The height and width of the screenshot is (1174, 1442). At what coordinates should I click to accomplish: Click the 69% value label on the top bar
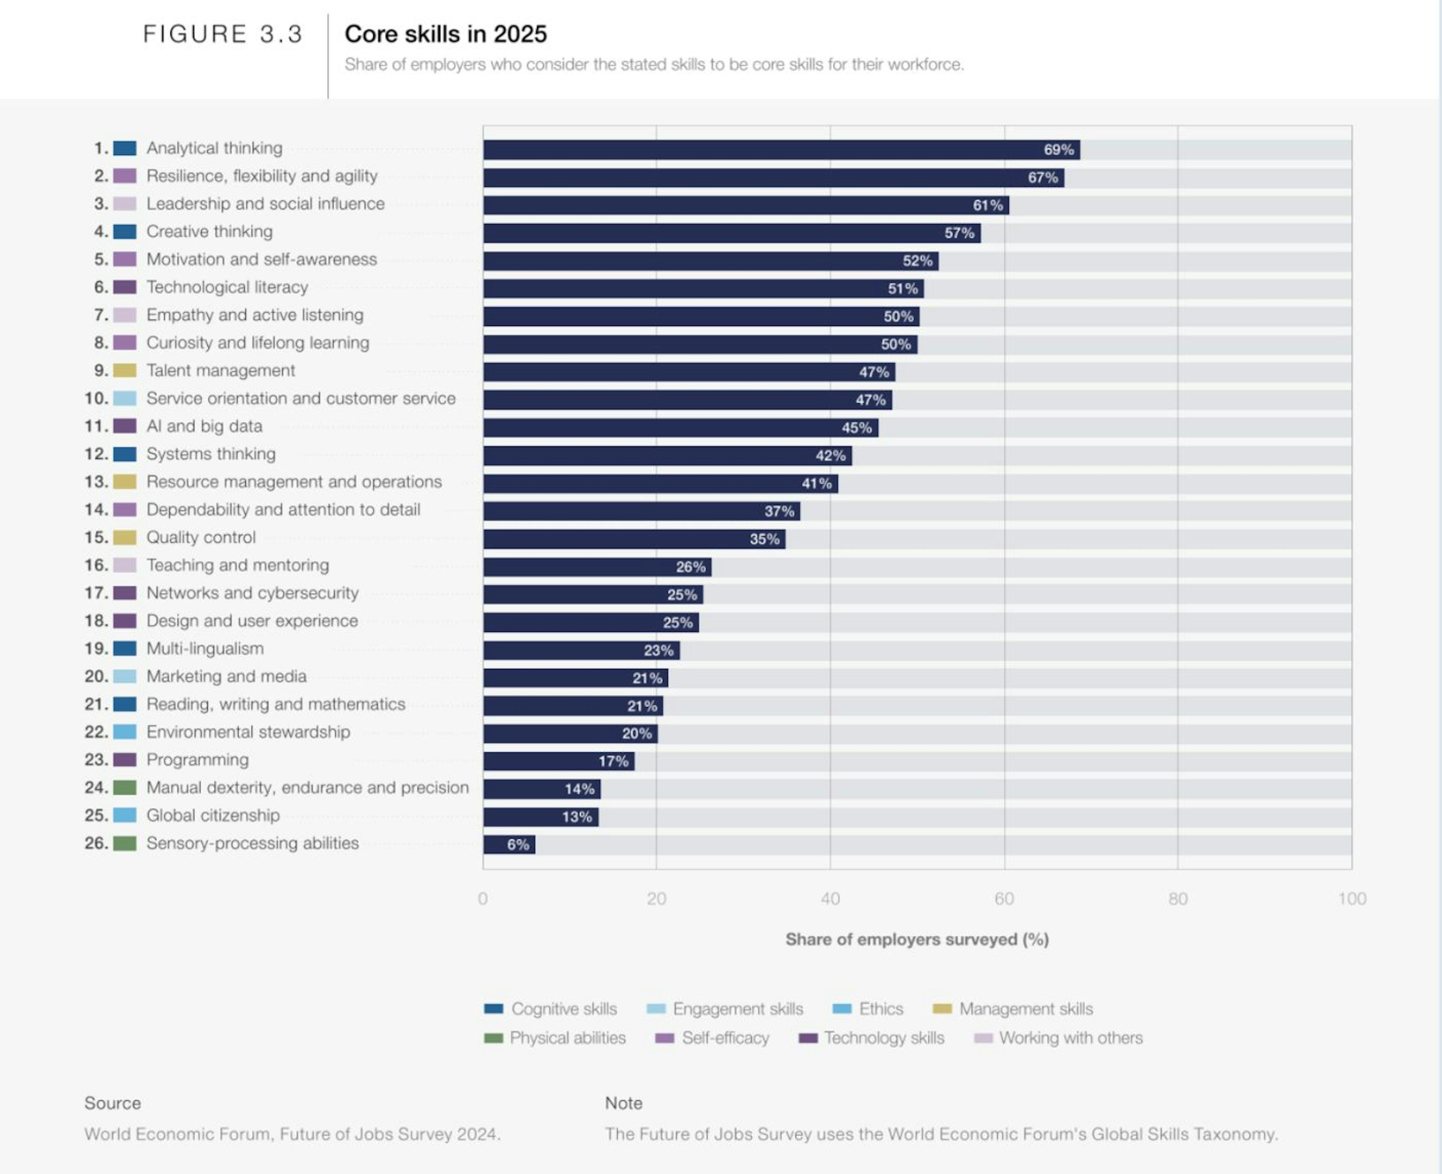click(1059, 149)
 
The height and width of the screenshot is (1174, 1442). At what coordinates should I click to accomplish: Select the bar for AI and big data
click(680, 427)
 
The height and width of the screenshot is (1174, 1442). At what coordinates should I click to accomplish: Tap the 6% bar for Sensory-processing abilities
click(508, 844)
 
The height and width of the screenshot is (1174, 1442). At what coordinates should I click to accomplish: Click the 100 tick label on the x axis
click(1351, 899)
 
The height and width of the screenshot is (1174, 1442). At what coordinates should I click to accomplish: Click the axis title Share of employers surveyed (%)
click(917, 939)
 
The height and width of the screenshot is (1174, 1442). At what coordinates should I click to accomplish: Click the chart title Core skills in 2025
click(446, 34)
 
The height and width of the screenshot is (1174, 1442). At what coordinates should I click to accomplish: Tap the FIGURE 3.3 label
click(223, 34)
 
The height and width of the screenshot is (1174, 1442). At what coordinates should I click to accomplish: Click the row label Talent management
click(220, 371)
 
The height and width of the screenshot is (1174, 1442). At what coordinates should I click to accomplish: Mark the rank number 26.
click(96, 843)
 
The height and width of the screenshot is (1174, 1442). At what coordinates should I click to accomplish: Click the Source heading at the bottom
click(112, 1103)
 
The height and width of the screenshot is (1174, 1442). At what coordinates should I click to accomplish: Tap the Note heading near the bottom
click(623, 1103)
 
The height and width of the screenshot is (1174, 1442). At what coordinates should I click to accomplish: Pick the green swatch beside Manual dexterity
click(124, 787)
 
